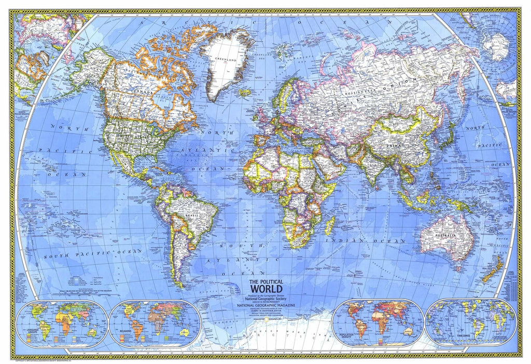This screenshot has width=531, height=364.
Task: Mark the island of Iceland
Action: (245, 93)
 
